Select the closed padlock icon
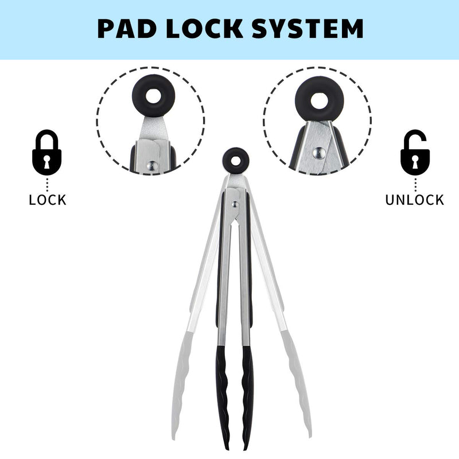point(47,152)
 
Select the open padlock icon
point(415,152)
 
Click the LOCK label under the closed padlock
point(48,200)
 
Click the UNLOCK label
point(414,200)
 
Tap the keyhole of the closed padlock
point(47,162)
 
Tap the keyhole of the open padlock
point(415,162)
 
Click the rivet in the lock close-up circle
point(152,166)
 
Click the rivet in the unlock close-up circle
point(318,153)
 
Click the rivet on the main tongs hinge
point(235,204)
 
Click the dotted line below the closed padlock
point(47,184)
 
